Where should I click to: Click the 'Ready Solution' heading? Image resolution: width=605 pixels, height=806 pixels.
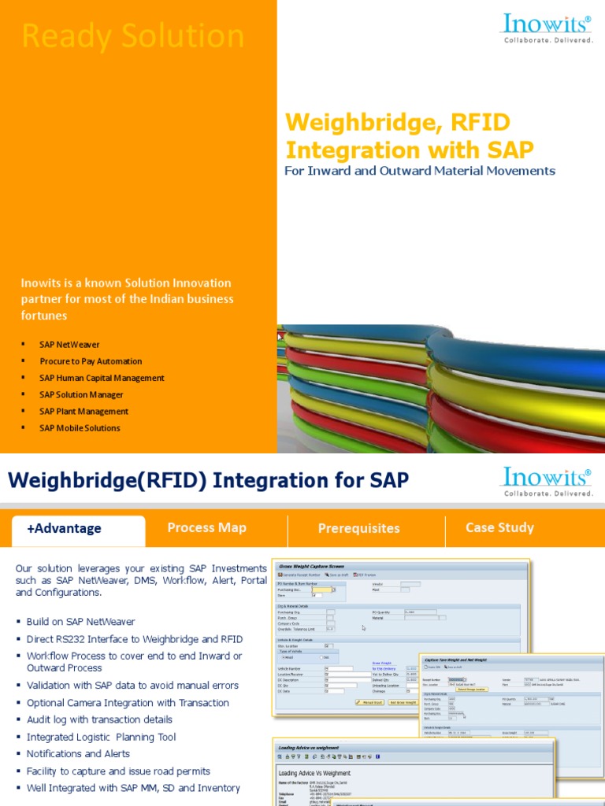pos(132,37)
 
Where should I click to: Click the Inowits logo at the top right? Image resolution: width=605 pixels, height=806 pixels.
pos(548,30)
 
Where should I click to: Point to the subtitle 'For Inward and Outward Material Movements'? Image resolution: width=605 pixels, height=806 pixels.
pos(419,171)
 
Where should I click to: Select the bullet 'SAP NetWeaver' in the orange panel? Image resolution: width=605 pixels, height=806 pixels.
pos(69,345)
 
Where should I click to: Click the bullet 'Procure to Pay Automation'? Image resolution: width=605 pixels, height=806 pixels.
pos(91,361)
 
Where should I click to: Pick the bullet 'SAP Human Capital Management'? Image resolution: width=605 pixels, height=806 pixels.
pos(102,378)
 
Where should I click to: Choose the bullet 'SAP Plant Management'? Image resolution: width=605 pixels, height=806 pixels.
pos(84,411)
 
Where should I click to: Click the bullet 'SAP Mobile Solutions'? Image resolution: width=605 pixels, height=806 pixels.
pos(80,428)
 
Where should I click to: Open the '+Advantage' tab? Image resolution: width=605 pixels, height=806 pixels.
pos(64,528)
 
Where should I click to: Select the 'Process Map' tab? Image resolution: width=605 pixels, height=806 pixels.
pos(207,527)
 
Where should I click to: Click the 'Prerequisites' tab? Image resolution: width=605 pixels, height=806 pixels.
pos(358,528)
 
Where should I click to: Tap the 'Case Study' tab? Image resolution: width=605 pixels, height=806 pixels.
pos(499,527)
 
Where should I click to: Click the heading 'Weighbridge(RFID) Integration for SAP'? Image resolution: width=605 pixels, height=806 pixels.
pos(208,480)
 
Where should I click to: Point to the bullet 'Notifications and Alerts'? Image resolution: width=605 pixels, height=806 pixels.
pos(78,754)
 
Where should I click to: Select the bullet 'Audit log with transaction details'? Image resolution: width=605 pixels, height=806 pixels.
pos(99,719)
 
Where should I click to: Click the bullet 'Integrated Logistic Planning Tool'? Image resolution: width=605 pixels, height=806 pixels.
pos(101,737)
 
